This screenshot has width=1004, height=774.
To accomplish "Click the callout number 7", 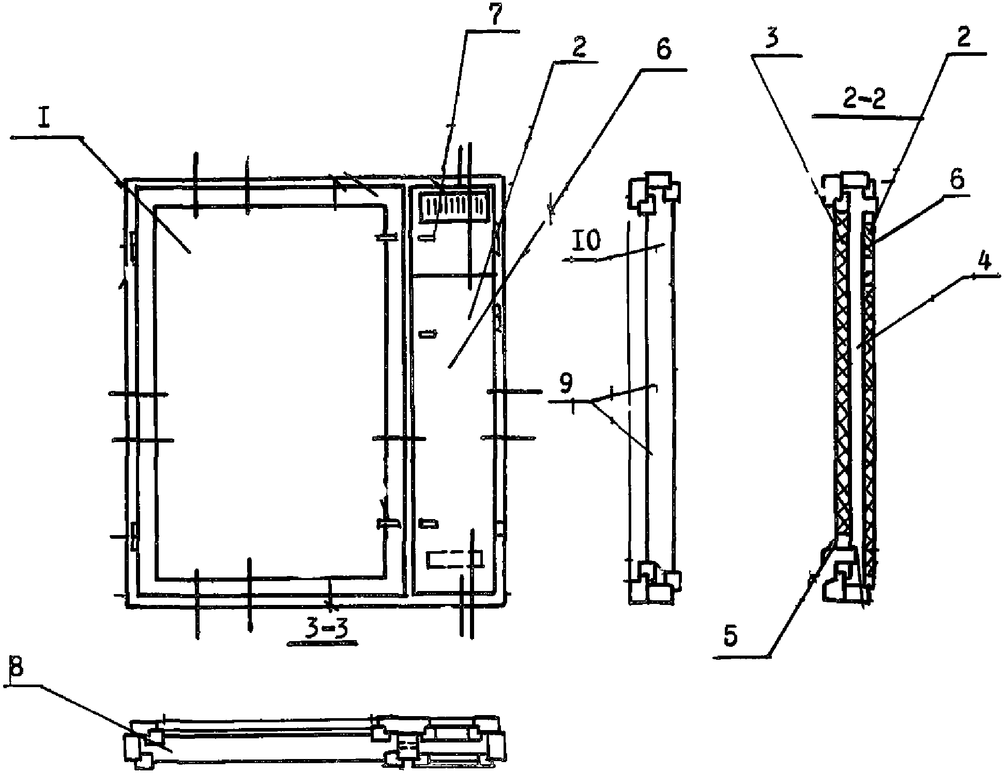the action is coord(495,16).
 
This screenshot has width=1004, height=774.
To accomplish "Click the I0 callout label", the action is coord(586,241).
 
